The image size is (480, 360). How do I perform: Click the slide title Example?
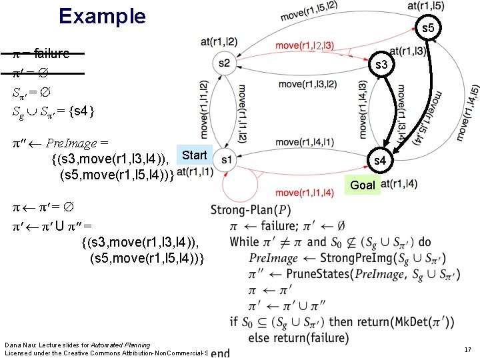point(102,16)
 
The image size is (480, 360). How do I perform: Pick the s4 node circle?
point(379,161)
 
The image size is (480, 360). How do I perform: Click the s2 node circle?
point(224,63)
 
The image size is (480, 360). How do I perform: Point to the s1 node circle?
point(226,160)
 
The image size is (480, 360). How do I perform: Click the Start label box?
point(195,155)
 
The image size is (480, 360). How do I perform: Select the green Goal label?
point(363,185)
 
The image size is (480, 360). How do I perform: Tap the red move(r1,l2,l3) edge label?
point(305,46)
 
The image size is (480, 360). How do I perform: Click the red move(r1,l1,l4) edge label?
point(305,193)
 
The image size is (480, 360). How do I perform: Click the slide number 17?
point(467,349)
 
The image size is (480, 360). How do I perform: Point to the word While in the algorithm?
point(244,241)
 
